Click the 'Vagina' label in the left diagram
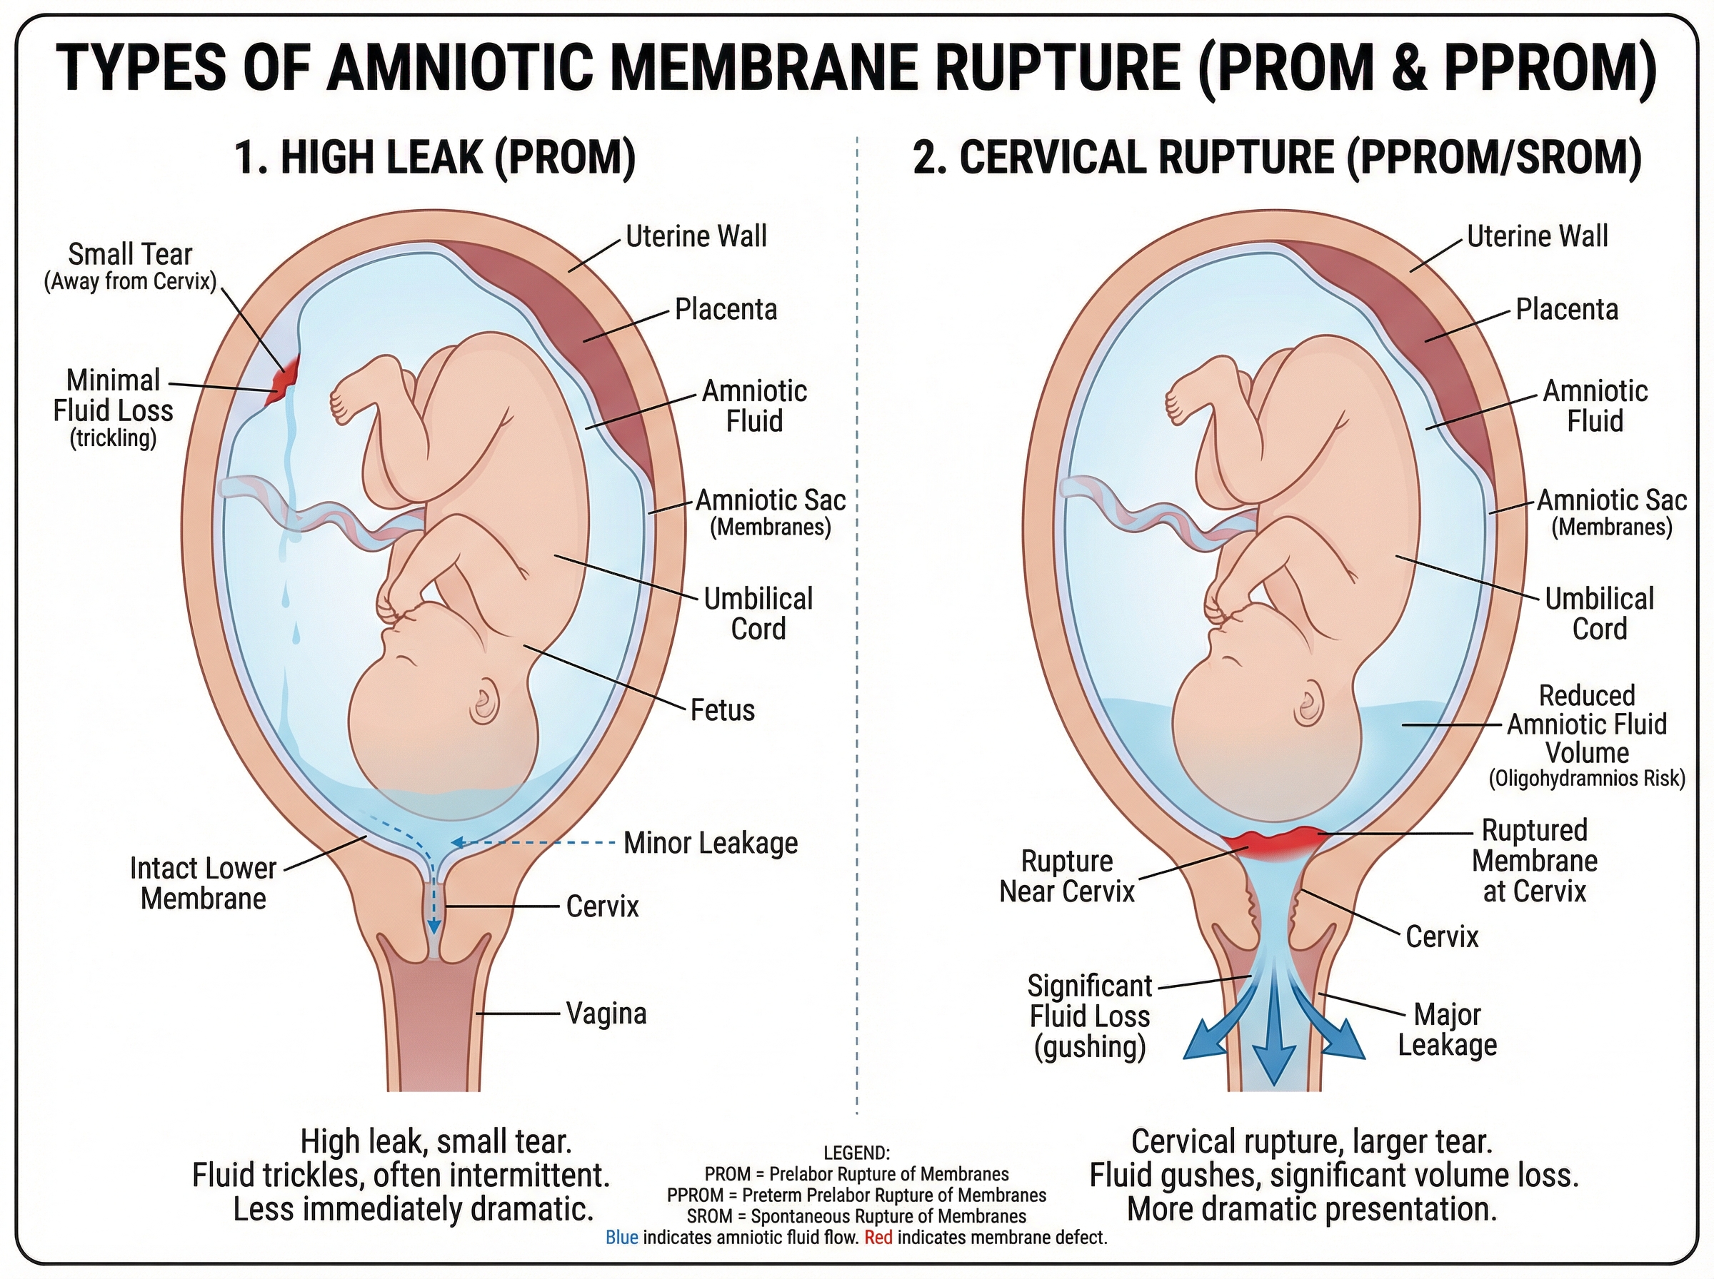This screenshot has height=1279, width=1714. tap(606, 1013)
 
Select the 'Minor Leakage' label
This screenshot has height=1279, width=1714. tap(710, 842)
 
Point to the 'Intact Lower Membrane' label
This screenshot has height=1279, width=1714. tap(203, 884)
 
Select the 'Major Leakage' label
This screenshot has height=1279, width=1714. tap(1447, 1029)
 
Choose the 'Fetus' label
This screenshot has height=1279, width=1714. tap(722, 709)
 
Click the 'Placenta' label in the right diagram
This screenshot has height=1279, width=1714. tap(1566, 310)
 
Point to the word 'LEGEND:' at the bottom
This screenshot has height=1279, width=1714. tap(856, 1153)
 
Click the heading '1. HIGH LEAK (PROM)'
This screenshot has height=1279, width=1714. tap(434, 157)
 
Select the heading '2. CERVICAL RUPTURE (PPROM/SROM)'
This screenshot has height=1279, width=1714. tap(1276, 157)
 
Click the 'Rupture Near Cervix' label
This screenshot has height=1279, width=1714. tap(1066, 876)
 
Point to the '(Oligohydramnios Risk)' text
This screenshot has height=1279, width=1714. tap(1586, 779)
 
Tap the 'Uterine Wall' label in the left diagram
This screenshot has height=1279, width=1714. tap(696, 236)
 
